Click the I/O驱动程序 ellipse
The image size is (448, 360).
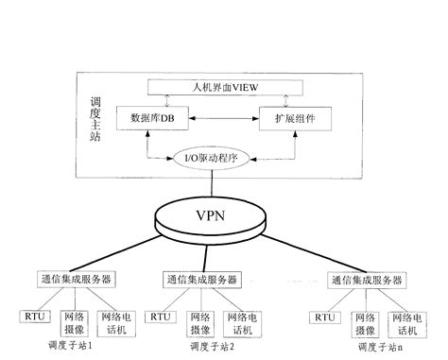coord(219,157)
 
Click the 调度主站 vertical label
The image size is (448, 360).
coord(95,119)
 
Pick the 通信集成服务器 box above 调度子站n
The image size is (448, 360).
coord(367,281)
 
